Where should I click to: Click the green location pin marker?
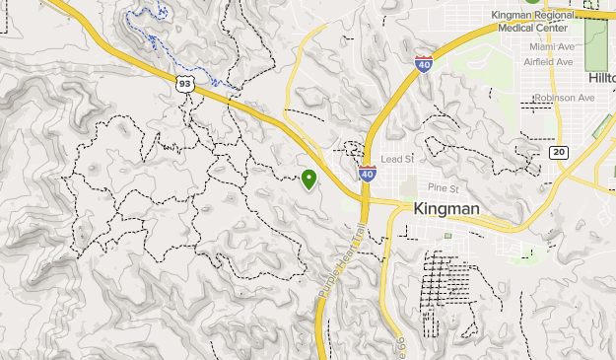tap(309, 179)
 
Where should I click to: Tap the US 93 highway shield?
tap(185, 84)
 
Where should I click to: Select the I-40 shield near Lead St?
tap(367, 173)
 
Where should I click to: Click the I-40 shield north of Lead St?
tap(423, 64)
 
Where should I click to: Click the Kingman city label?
tap(446, 208)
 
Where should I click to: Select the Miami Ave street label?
tap(551, 46)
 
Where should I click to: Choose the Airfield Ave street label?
tap(551, 61)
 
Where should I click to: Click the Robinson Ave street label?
tap(564, 98)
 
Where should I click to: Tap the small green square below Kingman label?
tap(447, 236)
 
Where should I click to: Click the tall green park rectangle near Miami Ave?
tap(597, 38)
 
